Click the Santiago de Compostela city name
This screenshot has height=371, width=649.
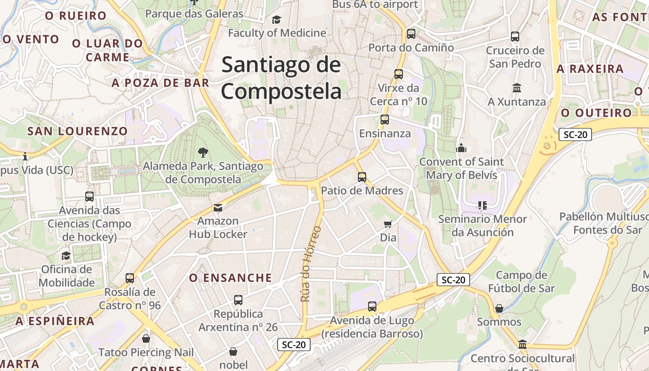(x=281, y=78)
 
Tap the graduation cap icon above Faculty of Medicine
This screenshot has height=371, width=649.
(x=276, y=19)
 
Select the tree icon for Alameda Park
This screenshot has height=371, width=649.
(x=203, y=152)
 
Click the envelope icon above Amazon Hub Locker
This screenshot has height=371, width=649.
(x=218, y=207)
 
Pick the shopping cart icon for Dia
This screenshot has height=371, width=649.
(x=388, y=224)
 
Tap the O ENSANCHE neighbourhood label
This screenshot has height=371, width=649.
(x=230, y=278)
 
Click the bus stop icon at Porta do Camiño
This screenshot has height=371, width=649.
(x=411, y=34)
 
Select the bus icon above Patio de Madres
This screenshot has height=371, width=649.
(x=362, y=177)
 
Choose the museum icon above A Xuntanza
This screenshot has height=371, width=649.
(x=517, y=88)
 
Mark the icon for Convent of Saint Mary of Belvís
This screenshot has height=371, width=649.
(x=461, y=148)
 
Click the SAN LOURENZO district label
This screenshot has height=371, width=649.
(x=77, y=131)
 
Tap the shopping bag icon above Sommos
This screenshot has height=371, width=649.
(x=499, y=308)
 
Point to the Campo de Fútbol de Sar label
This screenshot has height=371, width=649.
(x=522, y=281)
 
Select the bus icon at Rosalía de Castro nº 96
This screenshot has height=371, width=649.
(x=130, y=278)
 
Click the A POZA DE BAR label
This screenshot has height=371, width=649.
(x=160, y=83)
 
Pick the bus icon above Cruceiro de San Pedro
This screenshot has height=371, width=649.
(x=515, y=37)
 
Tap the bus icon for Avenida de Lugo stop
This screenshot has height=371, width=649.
(x=372, y=307)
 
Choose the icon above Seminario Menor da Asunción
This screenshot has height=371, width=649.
(x=482, y=205)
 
